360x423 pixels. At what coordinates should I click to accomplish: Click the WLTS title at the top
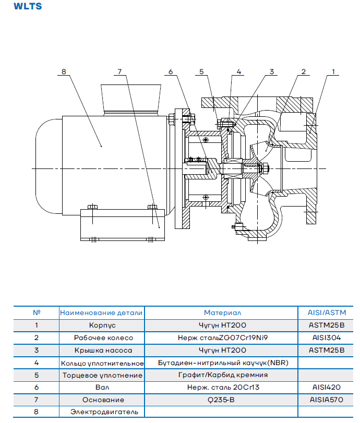click(28, 6)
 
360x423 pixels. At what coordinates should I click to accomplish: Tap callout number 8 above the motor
click(64, 71)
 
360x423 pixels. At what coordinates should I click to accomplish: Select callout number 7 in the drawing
click(120, 71)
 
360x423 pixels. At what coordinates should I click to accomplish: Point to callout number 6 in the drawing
click(171, 71)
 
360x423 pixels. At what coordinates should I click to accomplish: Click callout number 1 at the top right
click(333, 71)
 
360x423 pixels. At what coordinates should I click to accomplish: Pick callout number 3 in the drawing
click(272, 71)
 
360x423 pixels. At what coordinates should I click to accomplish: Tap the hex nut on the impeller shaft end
click(265, 168)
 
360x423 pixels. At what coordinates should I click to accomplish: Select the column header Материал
click(222, 312)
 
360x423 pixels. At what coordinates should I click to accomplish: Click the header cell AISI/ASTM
click(327, 312)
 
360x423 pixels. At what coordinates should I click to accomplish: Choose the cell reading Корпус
click(102, 325)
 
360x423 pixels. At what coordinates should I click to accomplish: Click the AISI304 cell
click(327, 338)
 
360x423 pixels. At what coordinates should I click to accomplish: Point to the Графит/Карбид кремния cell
click(223, 375)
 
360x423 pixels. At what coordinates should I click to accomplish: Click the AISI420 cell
click(327, 388)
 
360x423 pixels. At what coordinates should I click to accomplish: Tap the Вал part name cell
click(102, 388)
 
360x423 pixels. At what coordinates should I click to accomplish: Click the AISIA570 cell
click(327, 400)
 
